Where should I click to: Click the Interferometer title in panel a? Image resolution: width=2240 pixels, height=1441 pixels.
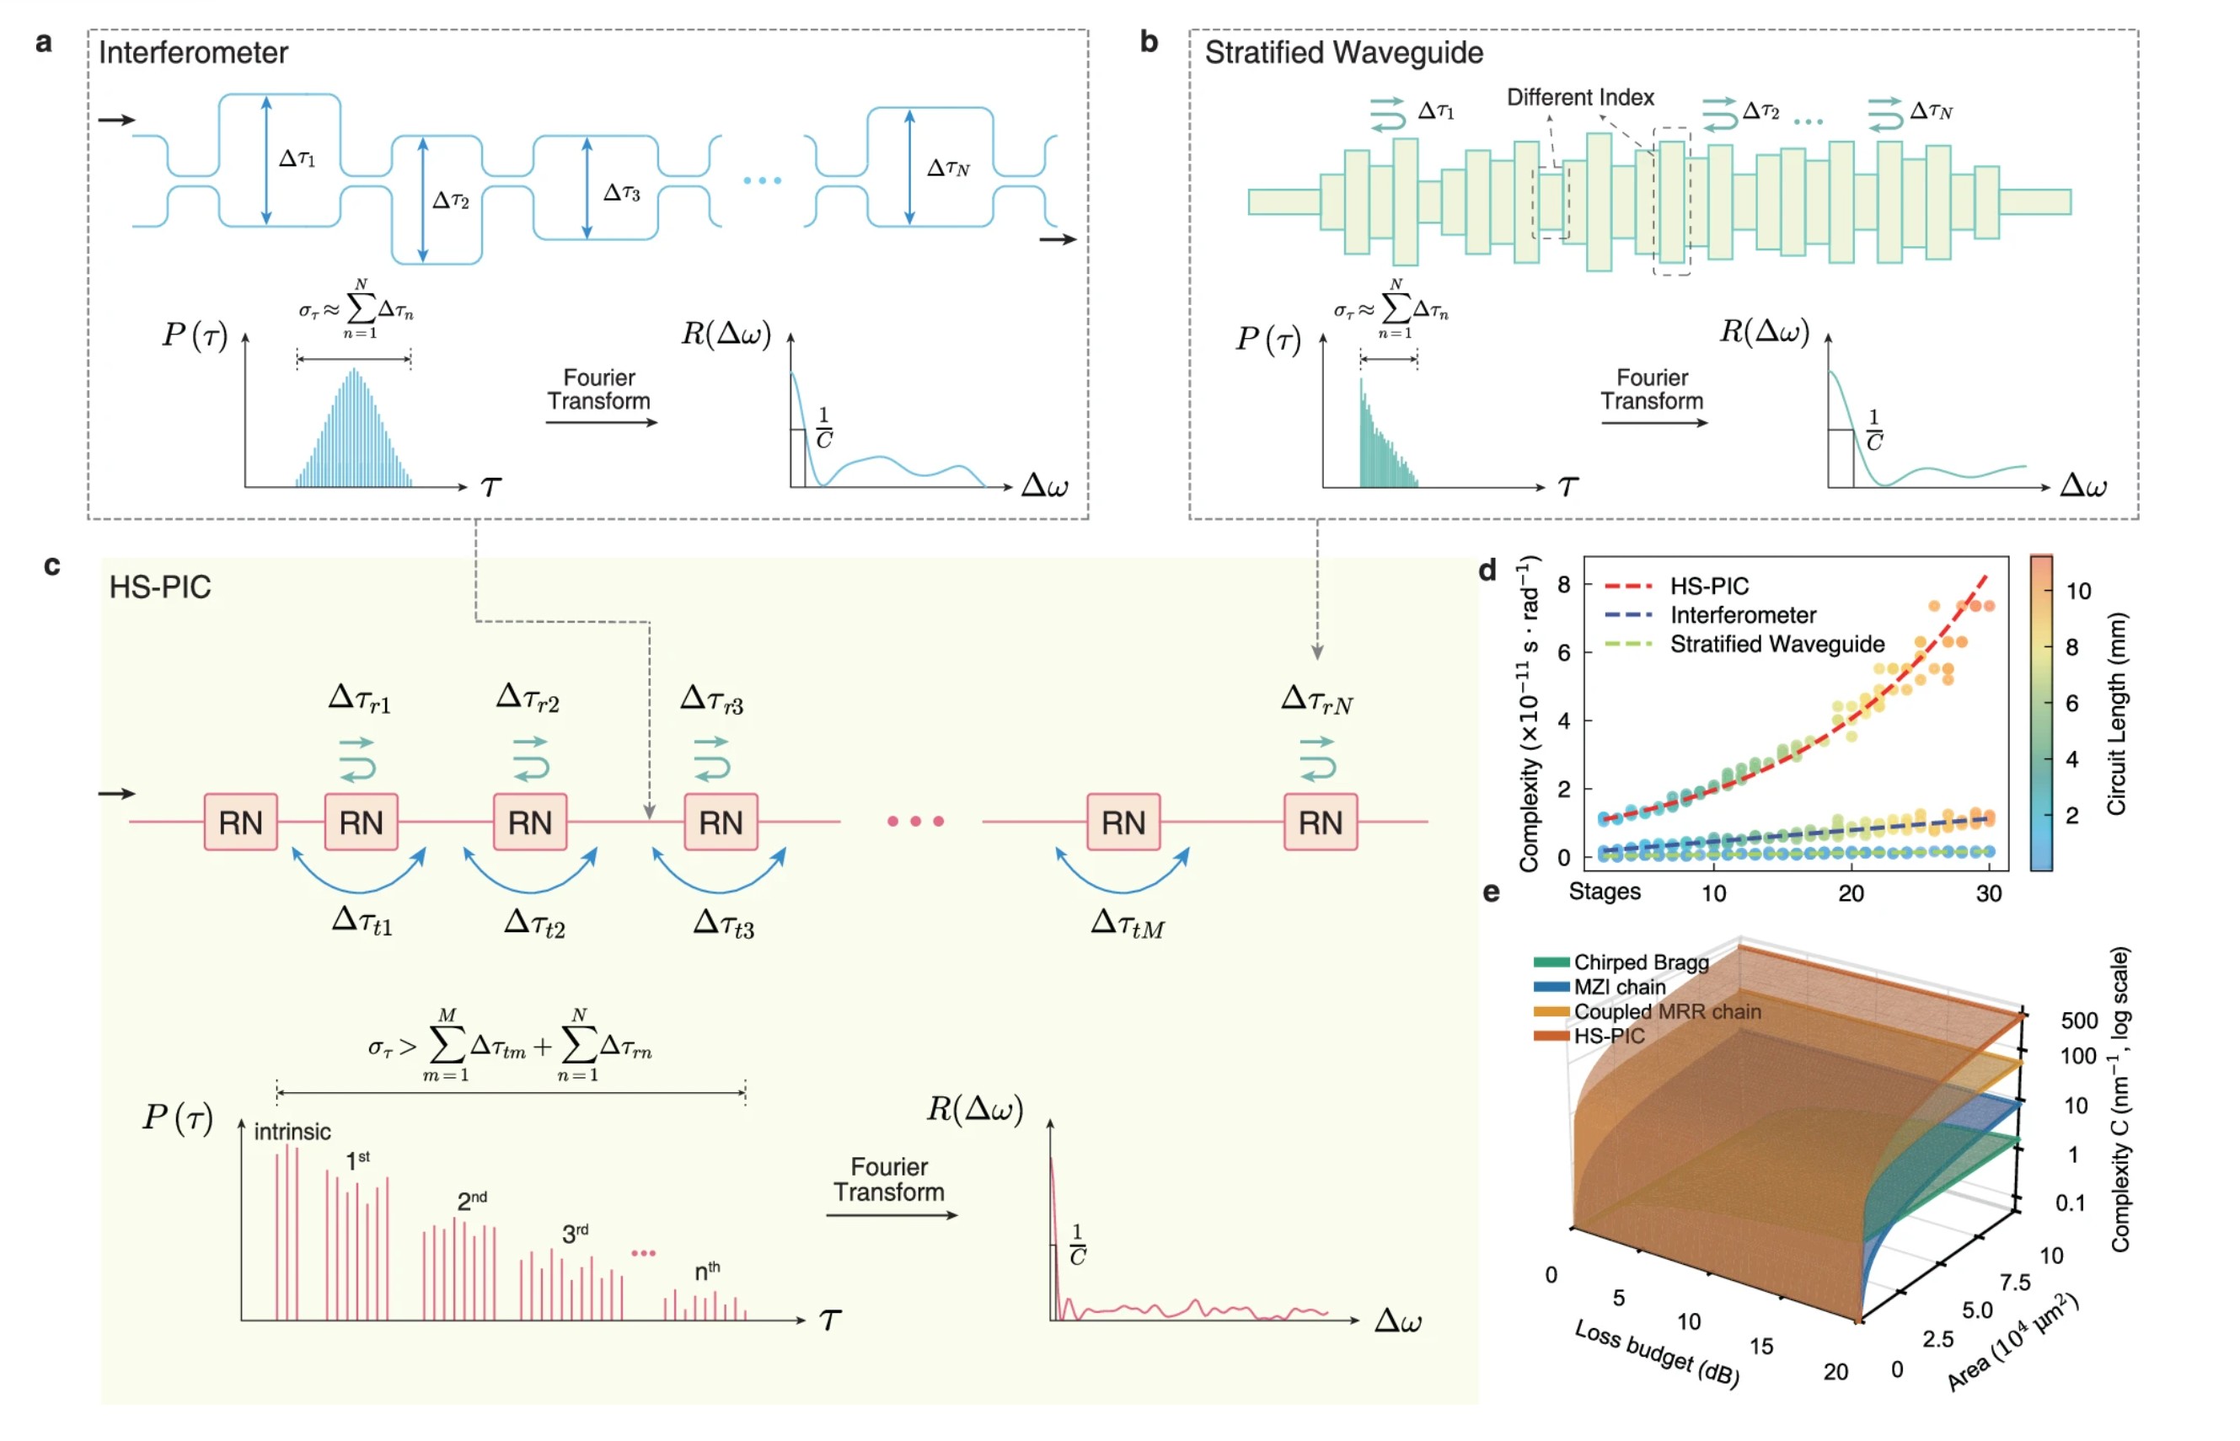(193, 52)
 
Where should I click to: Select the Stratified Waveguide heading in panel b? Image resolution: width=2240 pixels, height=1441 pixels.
(1342, 52)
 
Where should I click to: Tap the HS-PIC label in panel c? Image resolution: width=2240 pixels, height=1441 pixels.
(160, 587)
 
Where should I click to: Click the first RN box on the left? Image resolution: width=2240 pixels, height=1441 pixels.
(240, 822)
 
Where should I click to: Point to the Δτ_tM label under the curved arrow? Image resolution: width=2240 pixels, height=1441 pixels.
(1127, 924)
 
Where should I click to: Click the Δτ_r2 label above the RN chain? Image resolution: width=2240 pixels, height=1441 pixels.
(528, 697)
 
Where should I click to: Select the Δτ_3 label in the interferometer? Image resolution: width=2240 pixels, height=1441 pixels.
(621, 193)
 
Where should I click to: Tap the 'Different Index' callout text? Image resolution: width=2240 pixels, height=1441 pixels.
(1579, 97)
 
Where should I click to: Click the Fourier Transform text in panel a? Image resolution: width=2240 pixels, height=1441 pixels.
(599, 389)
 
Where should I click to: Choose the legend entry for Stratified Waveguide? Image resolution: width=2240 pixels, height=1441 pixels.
(1776, 644)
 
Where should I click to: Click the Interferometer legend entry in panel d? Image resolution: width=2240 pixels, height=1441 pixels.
(1742, 615)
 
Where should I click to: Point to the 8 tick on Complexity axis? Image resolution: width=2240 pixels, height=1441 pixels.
(1563, 585)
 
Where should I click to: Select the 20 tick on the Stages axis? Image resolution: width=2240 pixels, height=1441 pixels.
(1850, 892)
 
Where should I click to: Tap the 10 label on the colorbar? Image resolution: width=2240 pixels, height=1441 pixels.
(2077, 592)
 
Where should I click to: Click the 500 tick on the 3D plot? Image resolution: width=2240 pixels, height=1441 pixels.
(2079, 1020)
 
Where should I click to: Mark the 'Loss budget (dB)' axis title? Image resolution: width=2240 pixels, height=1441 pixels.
(1656, 1353)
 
